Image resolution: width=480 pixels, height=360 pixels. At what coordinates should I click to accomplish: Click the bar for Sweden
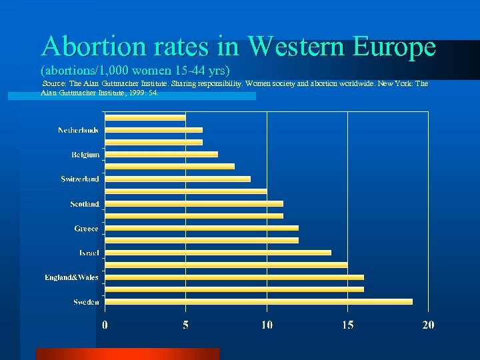(x=259, y=301)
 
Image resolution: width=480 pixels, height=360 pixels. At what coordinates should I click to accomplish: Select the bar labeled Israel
(x=218, y=252)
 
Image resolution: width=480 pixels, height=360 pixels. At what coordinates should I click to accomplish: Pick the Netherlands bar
(x=154, y=129)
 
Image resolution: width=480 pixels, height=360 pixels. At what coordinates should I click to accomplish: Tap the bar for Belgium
(x=161, y=154)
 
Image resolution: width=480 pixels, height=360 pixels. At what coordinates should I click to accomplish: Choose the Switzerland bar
(x=178, y=179)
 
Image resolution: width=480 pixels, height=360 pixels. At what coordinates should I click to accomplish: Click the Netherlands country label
(x=79, y=130)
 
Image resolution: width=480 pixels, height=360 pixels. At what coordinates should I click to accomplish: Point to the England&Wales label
(x=72, y=277)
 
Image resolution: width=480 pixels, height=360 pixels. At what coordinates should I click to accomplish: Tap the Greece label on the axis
(x=87, y=229)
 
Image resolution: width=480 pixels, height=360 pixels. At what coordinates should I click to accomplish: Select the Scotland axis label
(x=85, y=204)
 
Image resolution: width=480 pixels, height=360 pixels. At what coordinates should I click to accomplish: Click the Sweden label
(x=87, y=302)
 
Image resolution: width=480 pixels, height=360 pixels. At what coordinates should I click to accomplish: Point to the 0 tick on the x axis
(x=105, y=325)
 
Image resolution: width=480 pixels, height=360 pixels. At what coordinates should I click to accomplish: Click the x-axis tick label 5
(x=186, y=325)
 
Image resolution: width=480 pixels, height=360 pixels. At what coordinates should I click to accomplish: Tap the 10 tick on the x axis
(x=267, y=325)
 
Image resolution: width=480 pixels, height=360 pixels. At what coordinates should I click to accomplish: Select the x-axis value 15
(x=347, y=325)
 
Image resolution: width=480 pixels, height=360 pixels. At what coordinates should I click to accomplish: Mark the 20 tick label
(x=428, y=325)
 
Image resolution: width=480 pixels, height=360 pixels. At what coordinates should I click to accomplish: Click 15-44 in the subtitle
(x=176, y=70)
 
